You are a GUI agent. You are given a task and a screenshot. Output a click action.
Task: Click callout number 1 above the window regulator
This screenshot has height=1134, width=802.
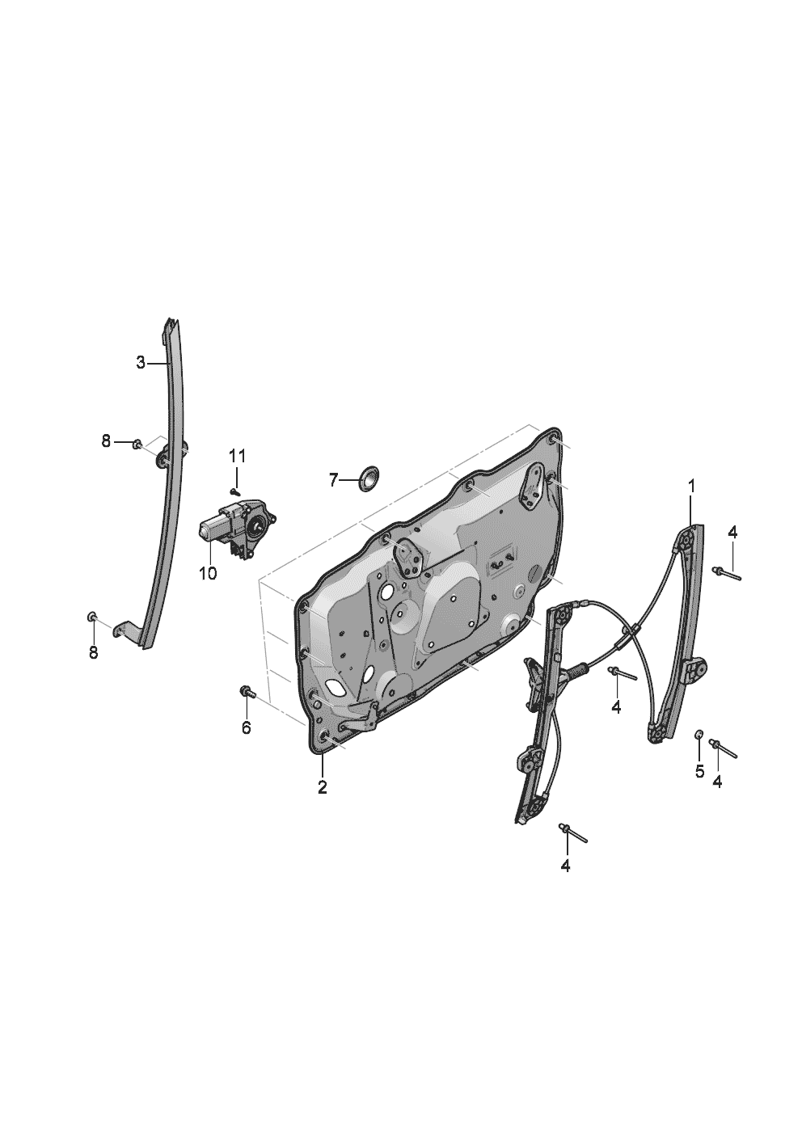pyautogui.click(x=690, y=487)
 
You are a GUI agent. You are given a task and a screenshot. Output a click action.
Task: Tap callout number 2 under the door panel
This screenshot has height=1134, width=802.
pyautogui.click(x=322, y=786)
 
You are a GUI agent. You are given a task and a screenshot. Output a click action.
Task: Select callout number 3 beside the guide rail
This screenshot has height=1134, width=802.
pyautogui.click(x=141, y=362)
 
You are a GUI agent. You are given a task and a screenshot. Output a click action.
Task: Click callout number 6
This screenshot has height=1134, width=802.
pyautogui.click(x=246, y=728)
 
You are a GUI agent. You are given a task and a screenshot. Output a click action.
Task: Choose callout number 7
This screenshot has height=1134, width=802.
pyautogui.click(x=333, y=479)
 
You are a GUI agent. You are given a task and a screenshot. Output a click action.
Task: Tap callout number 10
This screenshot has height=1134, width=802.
pyautogui.click(x=208, y=574)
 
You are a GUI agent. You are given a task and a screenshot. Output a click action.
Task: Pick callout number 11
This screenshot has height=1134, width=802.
pyautogui.click(x=237, y=456)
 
